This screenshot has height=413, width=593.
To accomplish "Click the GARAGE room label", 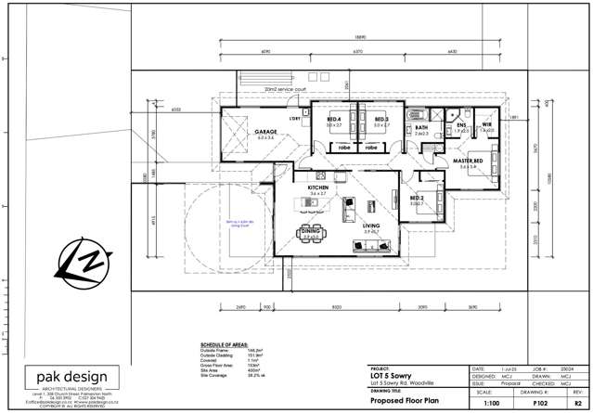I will pos(267,133).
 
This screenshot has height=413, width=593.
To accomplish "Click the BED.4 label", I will pos(334,120).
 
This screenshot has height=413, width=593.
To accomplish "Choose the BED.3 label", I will pos(380,120).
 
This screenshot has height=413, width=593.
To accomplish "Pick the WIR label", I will pos(486,125).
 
